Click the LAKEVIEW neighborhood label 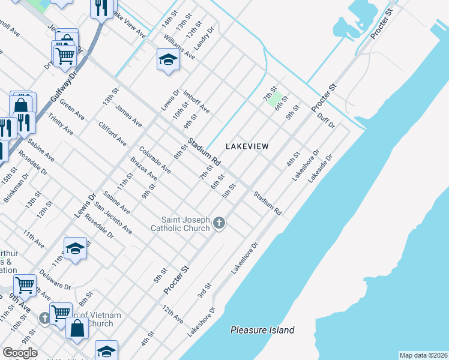pos(247,146)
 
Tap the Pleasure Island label pos(263,330)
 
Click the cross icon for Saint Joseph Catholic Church pos(219,224)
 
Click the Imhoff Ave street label pos(196,102)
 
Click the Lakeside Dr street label pos(320,169)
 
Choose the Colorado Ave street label pos(155,160)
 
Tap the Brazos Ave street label pos(143,169)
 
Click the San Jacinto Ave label pos(113,217)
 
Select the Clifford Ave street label pos(113,134)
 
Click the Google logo pos(20,353)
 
